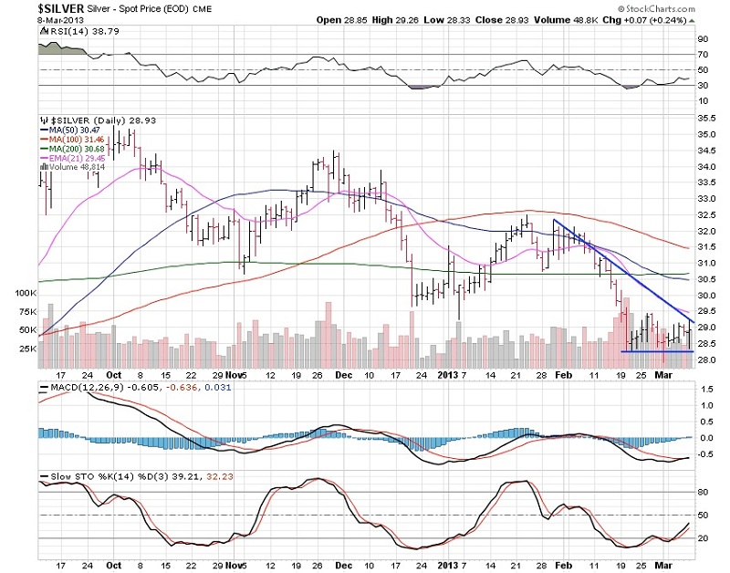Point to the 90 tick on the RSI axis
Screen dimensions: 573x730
tap(703, 39)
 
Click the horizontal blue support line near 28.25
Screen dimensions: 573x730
tap(657, 351)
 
